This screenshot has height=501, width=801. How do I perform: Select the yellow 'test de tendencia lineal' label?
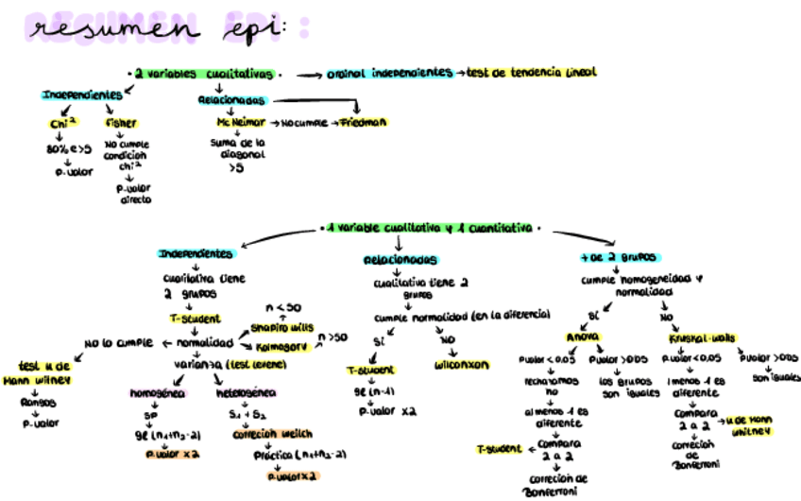(533, 73)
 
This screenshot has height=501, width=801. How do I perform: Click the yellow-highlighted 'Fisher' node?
(121, 123)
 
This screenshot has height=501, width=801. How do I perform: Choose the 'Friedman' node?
(365, 123)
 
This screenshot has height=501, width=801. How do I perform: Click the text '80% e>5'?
(68, 149)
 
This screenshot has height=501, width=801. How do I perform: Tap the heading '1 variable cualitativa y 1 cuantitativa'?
(431, 229)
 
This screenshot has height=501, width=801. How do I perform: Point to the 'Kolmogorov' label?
(284, 347)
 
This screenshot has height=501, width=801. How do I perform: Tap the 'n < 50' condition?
(282, 307)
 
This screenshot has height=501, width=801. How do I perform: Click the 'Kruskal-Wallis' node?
(704, 337)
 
